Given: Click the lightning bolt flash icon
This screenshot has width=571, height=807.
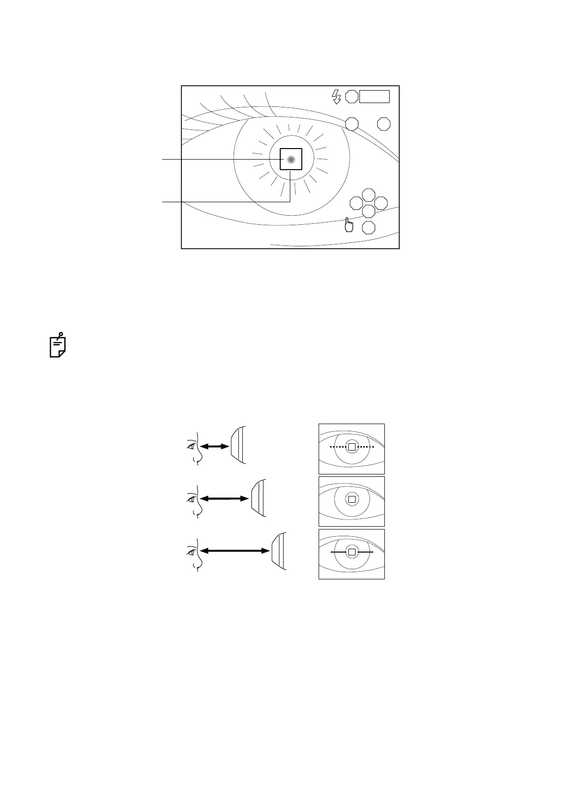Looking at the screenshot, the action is (336, 96).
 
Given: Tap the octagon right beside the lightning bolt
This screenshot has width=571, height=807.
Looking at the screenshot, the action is (352, 96).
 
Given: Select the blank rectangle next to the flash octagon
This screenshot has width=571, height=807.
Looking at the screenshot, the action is (374, 96).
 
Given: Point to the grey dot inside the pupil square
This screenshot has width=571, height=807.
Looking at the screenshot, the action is (291, 160).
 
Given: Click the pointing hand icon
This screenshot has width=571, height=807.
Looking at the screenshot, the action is (348, 224).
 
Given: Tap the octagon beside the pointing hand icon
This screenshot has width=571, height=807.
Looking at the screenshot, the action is (369, 228).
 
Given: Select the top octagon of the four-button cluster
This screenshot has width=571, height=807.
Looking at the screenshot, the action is (369, 195).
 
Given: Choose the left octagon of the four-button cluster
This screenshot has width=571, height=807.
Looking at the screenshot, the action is (356, 203).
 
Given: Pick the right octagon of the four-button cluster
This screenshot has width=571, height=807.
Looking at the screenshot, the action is (381, 203).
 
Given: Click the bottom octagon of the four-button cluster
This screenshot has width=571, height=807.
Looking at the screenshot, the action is (369, 211).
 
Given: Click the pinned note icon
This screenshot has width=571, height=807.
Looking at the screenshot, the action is (58, 345).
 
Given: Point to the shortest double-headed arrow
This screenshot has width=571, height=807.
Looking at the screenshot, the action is (214, 446).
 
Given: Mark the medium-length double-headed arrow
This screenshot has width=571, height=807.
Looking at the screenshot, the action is (225, 499).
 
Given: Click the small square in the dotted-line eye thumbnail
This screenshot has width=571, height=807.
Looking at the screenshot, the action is (352, 447).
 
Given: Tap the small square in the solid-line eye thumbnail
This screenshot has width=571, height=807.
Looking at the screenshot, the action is (352, 552).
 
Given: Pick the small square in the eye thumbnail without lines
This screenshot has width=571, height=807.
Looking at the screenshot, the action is (352, 499).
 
